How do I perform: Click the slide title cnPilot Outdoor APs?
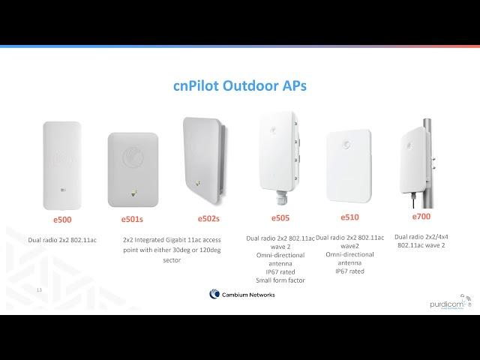point(240,85)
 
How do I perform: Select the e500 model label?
point(62,220)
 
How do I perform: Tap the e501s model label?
point(132,219)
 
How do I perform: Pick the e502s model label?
point(208,218)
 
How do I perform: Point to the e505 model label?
point(280,218)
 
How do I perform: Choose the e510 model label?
point(349,217)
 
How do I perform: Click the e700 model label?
point(421,217)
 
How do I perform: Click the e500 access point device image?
point(62,166)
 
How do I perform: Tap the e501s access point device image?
point(133,169)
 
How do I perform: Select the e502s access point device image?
point(205,160)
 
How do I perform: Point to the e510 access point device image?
point(349,166)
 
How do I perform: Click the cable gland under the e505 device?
point(280,198)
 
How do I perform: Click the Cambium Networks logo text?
point(248,295)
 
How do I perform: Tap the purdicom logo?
point(451,303)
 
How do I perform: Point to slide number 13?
point(39,289)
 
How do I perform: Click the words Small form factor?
point(280,280)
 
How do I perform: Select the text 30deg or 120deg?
point(196,250)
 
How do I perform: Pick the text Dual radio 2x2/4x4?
point(421,237)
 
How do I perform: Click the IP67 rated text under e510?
point(349,271)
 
